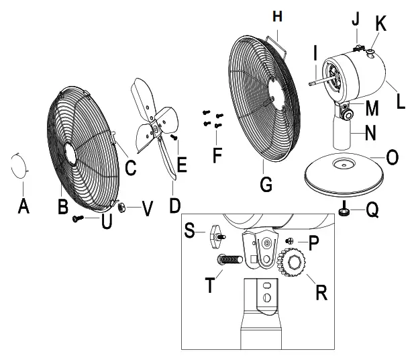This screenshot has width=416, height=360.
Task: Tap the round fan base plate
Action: pos(342,175)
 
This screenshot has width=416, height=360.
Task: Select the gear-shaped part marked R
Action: pos(293,263)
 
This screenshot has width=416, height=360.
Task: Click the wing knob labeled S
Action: pos(215,234)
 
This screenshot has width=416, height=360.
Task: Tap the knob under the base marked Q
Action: pos(344,213)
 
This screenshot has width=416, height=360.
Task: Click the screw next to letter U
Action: pos(79,218)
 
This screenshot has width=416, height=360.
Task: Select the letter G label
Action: pos(266,183)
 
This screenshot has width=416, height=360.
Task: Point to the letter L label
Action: pos(401,103)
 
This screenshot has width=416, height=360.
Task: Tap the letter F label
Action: pos(217,155)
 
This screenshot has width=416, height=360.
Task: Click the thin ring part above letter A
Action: pos(19,165)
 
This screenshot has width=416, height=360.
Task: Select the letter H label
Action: pos(279,15)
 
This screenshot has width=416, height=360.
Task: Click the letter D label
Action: pos(174,204)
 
